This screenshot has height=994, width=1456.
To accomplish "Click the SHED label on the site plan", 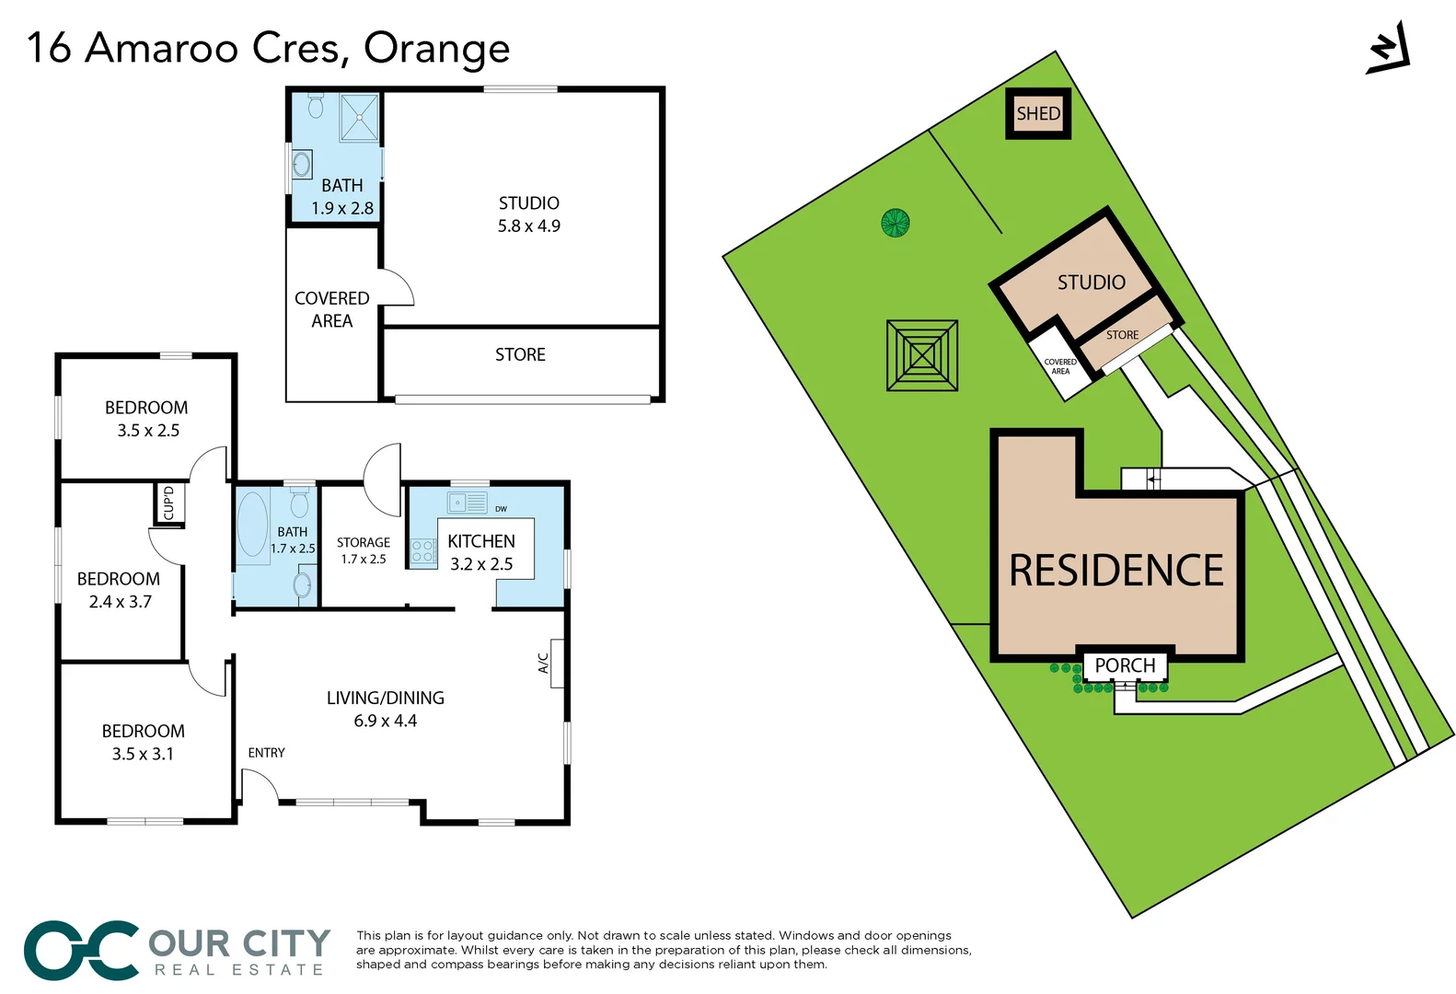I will tap(1038, 113).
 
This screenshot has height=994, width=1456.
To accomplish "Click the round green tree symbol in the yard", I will tap(896, 222).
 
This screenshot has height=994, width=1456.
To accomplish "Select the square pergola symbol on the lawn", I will tap(922, 355).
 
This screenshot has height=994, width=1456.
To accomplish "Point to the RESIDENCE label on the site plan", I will tap(1116, 571).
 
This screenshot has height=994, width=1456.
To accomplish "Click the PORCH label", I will tap(1125, 665).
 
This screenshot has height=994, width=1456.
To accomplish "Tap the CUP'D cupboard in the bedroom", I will tap(168, 503).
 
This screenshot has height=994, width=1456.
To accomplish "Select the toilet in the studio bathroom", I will tap(316, 106).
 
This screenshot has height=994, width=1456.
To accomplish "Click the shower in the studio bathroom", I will tap(359, 117).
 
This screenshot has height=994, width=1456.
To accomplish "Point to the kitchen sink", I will tap(467, 503).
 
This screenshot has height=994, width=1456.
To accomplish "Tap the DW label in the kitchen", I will tap(501, 509).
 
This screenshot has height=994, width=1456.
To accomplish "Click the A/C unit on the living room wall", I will tap(556, 663).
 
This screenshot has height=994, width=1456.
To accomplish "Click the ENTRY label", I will tap(266, 753).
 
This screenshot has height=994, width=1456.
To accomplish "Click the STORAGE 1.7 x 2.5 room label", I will tap(363, 550).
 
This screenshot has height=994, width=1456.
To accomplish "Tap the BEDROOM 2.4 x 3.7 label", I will tap(119, 590).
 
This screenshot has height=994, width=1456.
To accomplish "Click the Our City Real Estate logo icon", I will tap(81, 950).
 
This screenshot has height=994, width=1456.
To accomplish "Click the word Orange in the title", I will tap(436, 48).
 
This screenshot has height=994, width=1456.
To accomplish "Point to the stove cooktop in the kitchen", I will tap(422, 551).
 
